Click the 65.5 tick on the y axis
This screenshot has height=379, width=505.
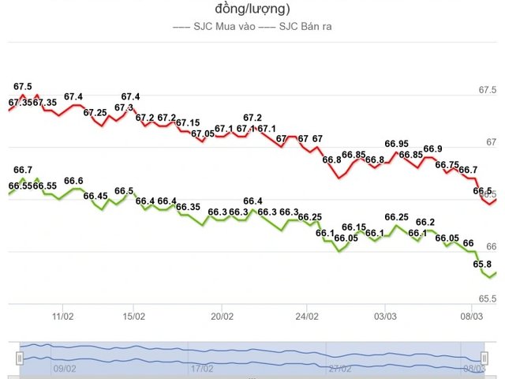pos(488,299)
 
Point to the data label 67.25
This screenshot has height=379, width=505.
pos(95,113)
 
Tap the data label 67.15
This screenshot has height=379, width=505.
pos(188,123)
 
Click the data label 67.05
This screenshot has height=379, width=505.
pos(203,133)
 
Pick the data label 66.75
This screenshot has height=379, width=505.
pos(447,165)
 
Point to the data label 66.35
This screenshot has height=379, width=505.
pos(188,207)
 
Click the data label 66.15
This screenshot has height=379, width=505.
pos(354,227)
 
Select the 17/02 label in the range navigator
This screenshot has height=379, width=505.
pos(202,368)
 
